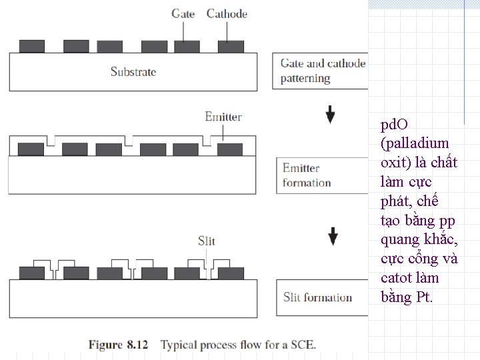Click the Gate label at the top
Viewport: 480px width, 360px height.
pyautogui.click(x=184, y=13)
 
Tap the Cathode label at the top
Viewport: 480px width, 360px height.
pyautogui.click(x=227, y=13)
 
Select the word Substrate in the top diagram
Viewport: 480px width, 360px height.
pyautogui.click(x=133, y=71)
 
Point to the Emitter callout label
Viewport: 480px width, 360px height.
pyautogui.click(x=223, y=117)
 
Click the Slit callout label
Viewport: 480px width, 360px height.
pyautogui.click(x=207, y=241)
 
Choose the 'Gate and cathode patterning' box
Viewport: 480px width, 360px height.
pyautogui.click(x=321, y=71)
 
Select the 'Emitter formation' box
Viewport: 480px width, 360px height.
pyautogui.click(x=322, y=175)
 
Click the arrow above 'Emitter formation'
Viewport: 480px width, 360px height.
pyautogui.click(x=331, y=115)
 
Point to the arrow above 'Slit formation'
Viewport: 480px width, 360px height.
pyautogui.click(x=333, y=236)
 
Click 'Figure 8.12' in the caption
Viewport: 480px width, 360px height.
pyautogui.click(x=115, y=345)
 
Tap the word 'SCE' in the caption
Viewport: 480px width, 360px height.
pyautogui.click(x=303, y=345)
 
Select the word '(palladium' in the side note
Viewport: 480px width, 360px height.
pyautogui.click(x=415, y=143)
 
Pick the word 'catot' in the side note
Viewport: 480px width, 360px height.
pyautogui.click(x=398, y=277)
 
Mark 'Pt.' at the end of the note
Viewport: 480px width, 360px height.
pyautogui.click(x=424, y=297)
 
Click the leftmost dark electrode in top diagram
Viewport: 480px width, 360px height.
pyautogui.click(x=31, y=46)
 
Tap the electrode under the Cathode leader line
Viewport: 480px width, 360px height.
pyautogui.click(x=231, y=46)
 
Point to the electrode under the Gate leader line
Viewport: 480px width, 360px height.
pyautogui.click(x=187, y=46)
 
